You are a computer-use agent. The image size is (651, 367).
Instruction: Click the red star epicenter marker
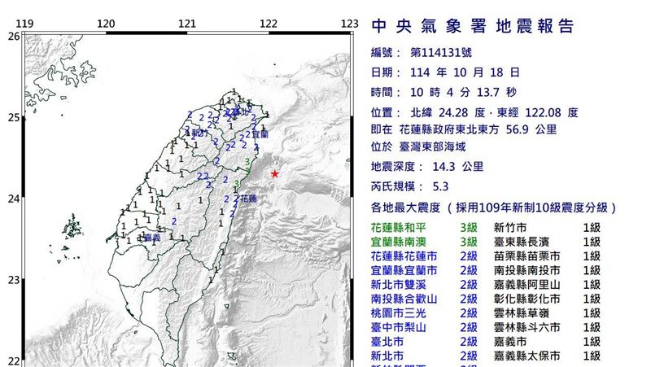(275, 174)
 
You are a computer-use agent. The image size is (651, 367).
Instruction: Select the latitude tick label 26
(13, 36)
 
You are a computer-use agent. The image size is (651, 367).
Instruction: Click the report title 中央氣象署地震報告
(473, 27)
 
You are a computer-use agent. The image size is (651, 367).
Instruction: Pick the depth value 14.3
(436, 167)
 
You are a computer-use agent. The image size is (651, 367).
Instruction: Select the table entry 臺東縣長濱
(522, 243)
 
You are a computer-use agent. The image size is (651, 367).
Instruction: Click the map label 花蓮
(249, 198)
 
